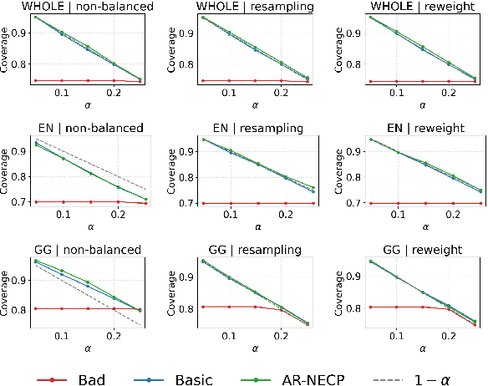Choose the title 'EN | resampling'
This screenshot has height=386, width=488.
point(251,128)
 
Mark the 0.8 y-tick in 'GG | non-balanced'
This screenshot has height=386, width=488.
point(21,309)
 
